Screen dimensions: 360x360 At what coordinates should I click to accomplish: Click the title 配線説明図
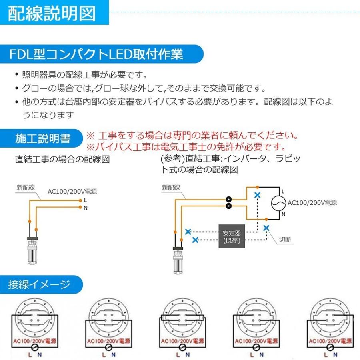[x=52, y=13]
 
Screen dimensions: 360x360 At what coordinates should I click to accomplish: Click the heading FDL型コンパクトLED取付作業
[x=96, y=54]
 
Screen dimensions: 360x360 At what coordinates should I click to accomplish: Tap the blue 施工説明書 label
[x=43, y=138]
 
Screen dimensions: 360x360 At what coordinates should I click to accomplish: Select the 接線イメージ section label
[x=39, y=284]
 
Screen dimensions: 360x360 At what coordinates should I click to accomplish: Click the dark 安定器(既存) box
[x=232, y=236]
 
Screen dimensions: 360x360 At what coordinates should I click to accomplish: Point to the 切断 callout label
[x=285, y=240]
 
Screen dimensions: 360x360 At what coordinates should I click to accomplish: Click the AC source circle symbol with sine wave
[x=278, y=203]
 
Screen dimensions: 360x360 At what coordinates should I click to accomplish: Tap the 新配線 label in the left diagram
[x=26, y=187]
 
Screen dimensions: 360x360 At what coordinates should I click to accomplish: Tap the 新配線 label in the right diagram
[x=171, y=187]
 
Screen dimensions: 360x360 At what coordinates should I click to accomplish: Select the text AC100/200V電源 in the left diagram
[x=72, y=192]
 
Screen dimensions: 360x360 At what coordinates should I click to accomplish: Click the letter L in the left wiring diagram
[x=86, y=200]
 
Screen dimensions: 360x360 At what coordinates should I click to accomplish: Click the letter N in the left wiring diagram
[x=86, y=208]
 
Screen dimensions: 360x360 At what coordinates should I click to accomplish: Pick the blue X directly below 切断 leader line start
[x=266, y=228]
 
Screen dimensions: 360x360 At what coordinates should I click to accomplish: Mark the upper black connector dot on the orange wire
[x=229, y=199]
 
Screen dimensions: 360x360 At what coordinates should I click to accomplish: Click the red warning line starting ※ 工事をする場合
[x=192, y=136]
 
